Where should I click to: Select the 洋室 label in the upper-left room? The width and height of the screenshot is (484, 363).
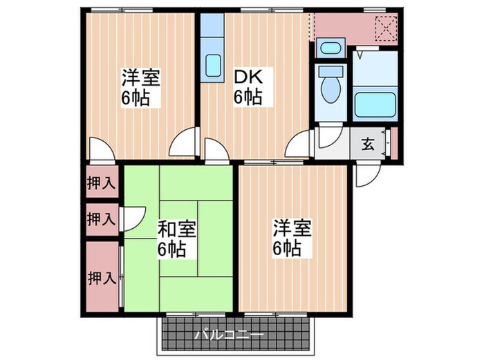(142, 76)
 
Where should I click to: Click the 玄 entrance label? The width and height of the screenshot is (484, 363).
(369, 145)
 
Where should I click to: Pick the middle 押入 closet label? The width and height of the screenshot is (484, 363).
(101, 219)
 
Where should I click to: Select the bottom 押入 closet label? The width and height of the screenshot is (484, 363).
(101, 278)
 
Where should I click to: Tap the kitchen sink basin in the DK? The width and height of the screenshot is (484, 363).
(214, 66)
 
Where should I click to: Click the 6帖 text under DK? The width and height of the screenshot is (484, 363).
(247, 97)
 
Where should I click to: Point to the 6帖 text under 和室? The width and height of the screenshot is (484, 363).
(171, 249)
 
